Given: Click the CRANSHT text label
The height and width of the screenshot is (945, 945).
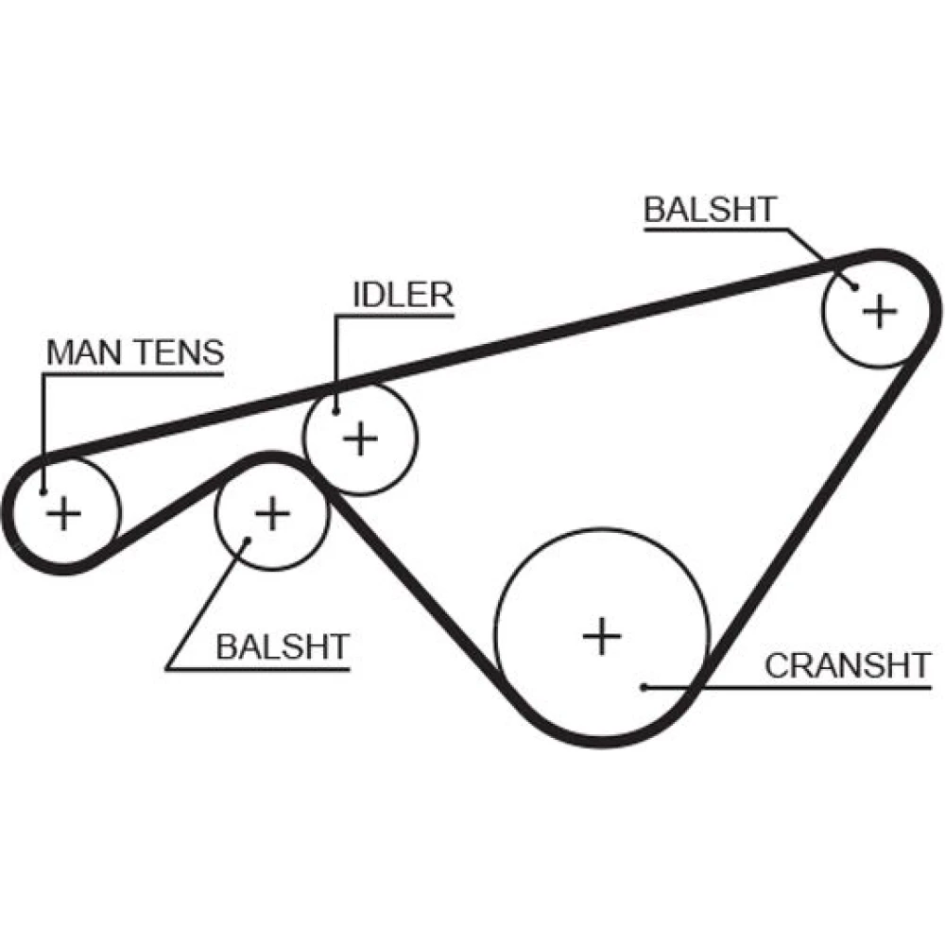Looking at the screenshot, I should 848,665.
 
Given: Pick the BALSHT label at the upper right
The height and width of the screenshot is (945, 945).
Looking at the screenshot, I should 710,210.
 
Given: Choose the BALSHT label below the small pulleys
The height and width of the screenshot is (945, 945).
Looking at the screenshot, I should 283,647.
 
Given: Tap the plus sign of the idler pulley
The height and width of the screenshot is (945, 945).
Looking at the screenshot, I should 359,438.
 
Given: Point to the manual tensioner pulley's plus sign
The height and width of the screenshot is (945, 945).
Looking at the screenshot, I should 64,513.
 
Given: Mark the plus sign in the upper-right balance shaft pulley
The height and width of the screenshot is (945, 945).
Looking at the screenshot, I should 880,310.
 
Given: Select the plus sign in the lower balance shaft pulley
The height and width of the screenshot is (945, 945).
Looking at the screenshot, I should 272,513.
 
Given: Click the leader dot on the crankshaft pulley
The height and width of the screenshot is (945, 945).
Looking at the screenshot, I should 643,687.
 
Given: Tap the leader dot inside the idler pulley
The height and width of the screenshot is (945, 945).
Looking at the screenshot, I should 335,410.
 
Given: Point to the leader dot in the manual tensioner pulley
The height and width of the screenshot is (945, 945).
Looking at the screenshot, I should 44,491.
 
